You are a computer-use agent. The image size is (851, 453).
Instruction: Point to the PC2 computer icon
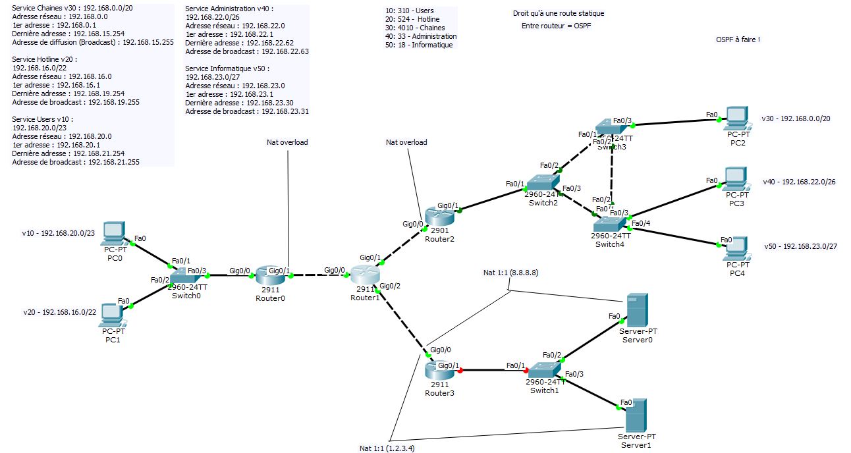tap(737, 118)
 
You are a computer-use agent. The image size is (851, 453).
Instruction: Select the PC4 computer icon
tap(737, 248)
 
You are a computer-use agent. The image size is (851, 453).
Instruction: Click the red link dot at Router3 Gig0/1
tap(460, 370)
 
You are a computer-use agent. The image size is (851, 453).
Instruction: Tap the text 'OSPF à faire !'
tap(738, 40)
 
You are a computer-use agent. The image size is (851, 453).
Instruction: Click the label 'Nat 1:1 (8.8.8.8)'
tap(510, 273)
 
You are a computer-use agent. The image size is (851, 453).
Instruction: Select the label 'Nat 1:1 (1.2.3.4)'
tap(391, 448)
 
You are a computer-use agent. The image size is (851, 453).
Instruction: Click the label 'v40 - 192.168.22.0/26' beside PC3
tap(799, 182)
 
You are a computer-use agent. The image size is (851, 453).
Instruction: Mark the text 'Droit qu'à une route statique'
tap(558, 13)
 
